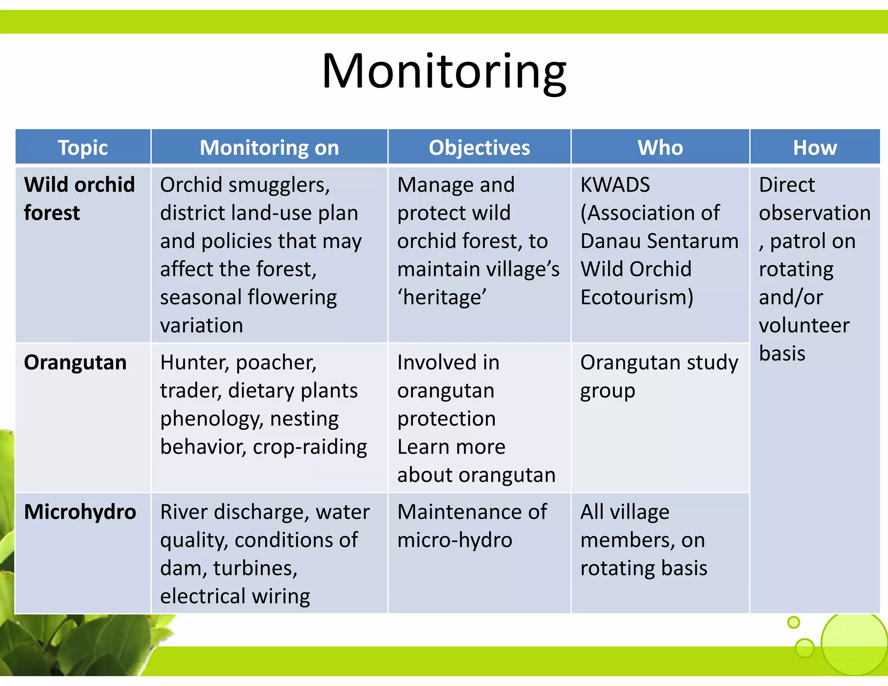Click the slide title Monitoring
point(444,72)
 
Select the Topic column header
point(83,147)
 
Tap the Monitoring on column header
point(269,147)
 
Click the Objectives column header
point(479,147)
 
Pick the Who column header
point(660,147)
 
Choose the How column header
point(815,147)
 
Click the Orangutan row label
point(75,363)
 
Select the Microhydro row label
point(80,512)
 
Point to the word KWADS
point(615,185)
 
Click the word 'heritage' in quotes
point(442,297)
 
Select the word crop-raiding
point(310,447)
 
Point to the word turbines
point(255,568)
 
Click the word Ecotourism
point(637,297)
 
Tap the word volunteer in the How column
point(804,325)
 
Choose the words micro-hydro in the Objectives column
point(454,540)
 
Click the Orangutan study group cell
point(659,376)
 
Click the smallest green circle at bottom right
point(793,622)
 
